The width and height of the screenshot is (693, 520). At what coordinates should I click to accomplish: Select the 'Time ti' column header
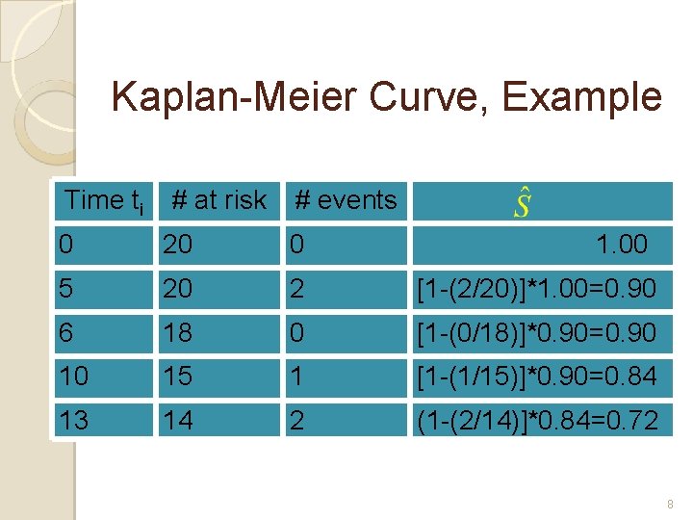pyautogui.click(x=104, y=200)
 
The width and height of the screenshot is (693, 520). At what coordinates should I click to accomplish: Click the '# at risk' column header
pyautogui.click(x=218, y=200)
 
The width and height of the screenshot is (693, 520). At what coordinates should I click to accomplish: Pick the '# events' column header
pyautogui.click(x=346, y=200)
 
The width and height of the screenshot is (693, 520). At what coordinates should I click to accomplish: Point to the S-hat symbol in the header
pyautogui.click(x=523, y=203)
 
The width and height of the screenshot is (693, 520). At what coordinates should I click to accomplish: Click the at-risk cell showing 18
pyautogui.click(x=178, y=333)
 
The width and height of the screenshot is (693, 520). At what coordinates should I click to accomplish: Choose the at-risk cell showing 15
pyautogui.click(x=178, y=377)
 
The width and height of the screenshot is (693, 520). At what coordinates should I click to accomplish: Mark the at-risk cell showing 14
pyautogui.click(x=178, y=420)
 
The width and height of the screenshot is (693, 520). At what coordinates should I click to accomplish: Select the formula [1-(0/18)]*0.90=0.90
pyautogui.click(x=535, y=333)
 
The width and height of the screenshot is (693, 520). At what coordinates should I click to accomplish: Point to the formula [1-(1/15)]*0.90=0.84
pyautogui.click(x=535, y=377)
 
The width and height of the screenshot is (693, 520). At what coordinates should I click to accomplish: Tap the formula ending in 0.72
pyautogui.click(x=535, y=420)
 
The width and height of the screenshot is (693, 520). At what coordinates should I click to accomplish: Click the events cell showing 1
pyautogui.click(x=297, y=377)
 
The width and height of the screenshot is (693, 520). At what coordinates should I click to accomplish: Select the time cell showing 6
pyautogui.click(x=65, y=333)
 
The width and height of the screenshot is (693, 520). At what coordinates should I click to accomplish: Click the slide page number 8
pyautogui.click(x=670, y=504)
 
